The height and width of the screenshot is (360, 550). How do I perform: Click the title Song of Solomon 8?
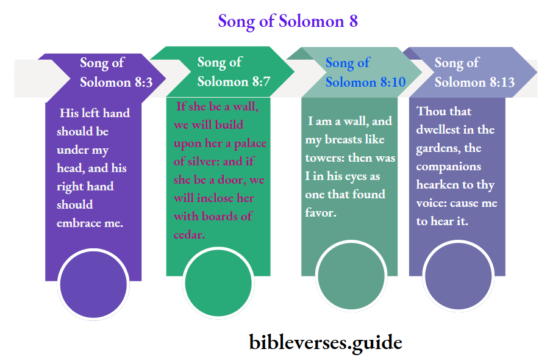coord(288,21)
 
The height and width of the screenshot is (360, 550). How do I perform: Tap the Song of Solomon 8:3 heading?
coord(116,72)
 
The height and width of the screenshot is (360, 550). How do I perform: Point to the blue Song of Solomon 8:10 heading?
coord(365,72)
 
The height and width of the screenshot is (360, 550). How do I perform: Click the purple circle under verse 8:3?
coord(93,284)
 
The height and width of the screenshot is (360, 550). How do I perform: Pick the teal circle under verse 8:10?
coord(351,275)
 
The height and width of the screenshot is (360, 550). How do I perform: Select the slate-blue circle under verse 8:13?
coord(458,276)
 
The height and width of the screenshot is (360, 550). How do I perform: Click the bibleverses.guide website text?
coord(326,342)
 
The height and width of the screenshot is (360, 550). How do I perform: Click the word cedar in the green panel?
coord(190,234)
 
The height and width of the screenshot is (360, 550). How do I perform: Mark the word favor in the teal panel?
coord(321,213)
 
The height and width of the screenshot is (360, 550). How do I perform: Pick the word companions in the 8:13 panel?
coord(449,167)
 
